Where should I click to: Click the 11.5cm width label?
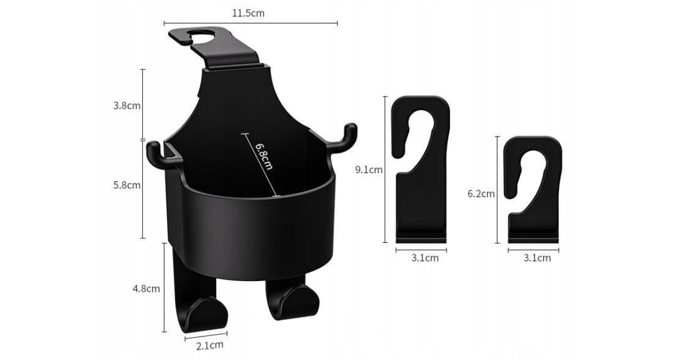pyautogui.click(x=248, y=13)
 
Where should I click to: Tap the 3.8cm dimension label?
pyautogui.click(x=127, y=106)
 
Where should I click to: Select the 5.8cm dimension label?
pyautogui.click(x=127, y=185)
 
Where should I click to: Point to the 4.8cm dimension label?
pyautogui.click(x=146, y=289)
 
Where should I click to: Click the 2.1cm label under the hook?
pyautogui.click(x=210, y=346)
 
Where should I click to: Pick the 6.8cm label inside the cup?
pyautogui.click(x=264, y=156)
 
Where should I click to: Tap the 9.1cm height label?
pyautogui.click(x=369, y=170)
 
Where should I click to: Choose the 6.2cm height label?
pyautogui.click(x=481, y=194)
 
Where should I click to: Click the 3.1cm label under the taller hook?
pyautogui.click(x=425, y=258)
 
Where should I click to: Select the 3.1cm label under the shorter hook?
pyautogui.click(x=537, y=258)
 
